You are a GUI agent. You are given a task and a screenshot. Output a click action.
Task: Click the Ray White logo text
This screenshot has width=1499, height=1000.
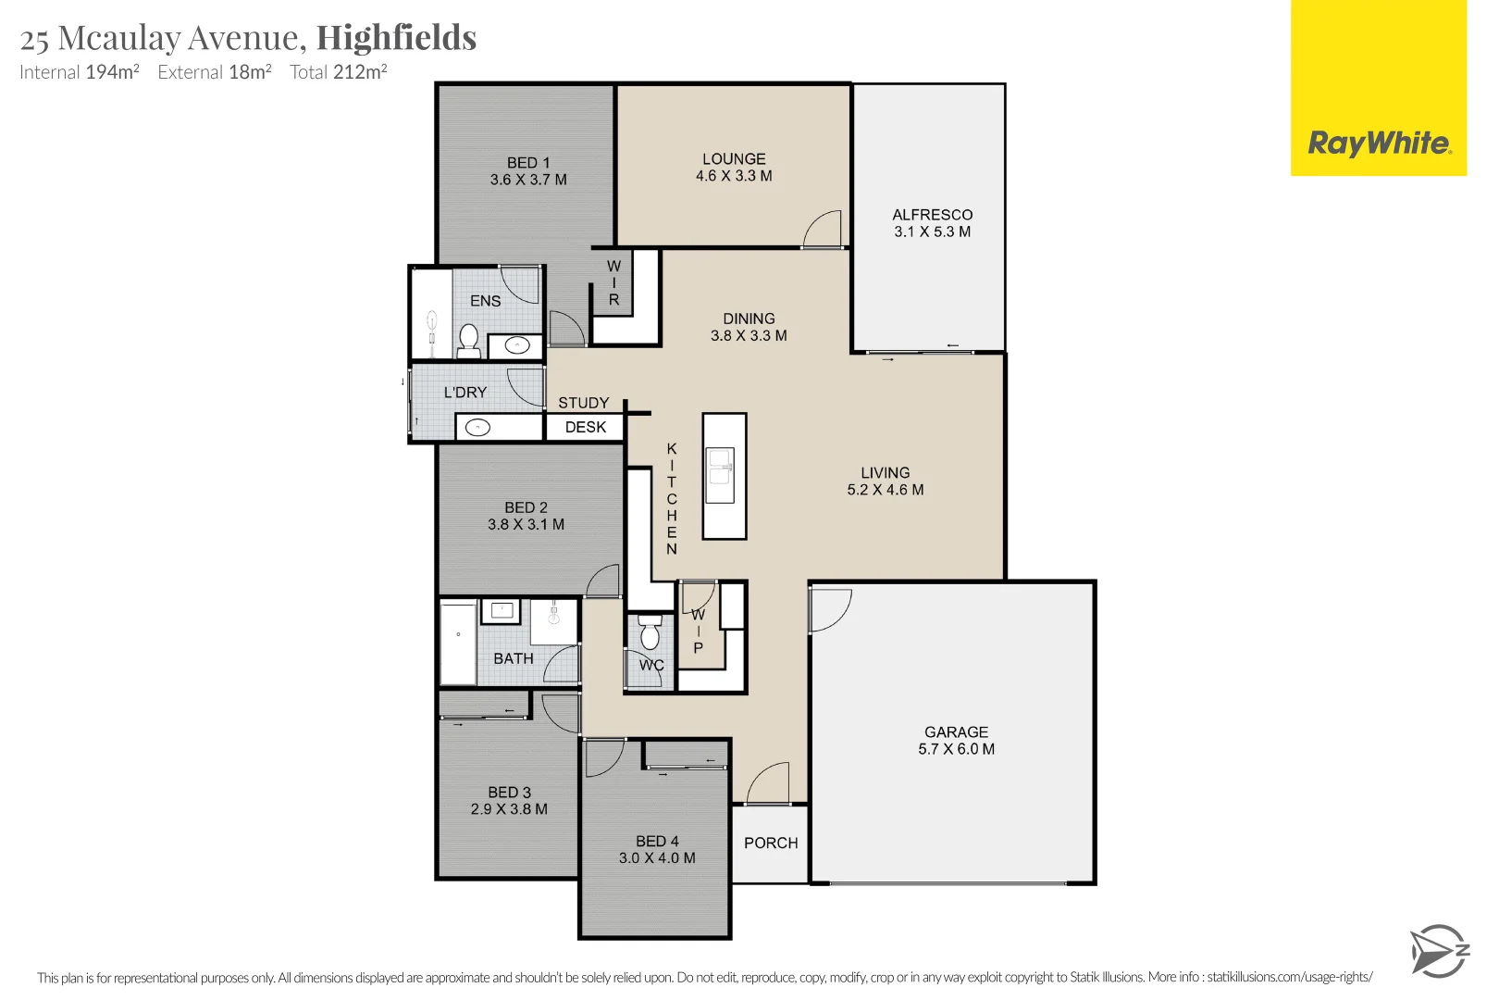coord(1379,144)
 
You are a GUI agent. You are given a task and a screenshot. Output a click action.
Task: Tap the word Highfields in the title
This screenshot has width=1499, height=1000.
coord(396,38)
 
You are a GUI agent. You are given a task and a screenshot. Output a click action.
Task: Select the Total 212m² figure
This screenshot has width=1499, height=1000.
coord(338,72)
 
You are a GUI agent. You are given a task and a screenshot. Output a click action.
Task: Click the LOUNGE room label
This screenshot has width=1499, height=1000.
coord(734,159)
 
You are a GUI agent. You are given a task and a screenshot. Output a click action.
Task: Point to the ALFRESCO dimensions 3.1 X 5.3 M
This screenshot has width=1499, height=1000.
coord(932,231)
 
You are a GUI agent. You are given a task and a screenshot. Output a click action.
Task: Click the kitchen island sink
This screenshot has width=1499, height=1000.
coord(721,467)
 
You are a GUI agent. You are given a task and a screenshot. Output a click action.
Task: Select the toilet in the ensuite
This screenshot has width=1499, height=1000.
coord(468,340)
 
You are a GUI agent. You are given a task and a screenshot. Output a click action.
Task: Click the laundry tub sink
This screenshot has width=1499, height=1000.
coord(477,428)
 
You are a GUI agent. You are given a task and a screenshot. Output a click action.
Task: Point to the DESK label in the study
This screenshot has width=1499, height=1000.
coord(586,427)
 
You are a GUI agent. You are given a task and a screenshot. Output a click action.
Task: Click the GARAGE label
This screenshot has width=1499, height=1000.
coord(956,731)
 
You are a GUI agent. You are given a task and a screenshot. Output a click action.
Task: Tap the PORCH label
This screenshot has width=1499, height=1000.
coord(771,843)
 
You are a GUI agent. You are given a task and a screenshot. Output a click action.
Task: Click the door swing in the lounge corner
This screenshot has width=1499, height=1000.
coord(824,229)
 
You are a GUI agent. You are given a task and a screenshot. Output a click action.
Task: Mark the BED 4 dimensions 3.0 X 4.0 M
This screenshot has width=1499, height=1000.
coord(657,858)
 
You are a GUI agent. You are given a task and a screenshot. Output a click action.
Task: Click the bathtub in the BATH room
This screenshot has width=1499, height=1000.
coord(458,644)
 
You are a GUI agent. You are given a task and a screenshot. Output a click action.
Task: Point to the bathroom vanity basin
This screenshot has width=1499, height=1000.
coord(502,610)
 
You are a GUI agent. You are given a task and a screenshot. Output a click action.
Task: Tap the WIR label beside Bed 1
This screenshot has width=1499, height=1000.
coord(613,282)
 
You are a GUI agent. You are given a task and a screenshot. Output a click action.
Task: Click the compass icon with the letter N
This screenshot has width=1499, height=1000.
coord(1439,951)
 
